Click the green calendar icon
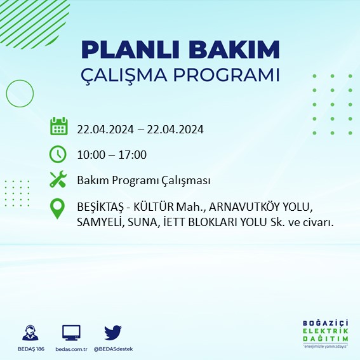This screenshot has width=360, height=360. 58,126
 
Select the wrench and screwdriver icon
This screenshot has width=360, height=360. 58,180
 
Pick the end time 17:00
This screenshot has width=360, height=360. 133,154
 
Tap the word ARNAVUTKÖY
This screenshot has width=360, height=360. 244,208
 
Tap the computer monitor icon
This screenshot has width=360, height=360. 71,333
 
